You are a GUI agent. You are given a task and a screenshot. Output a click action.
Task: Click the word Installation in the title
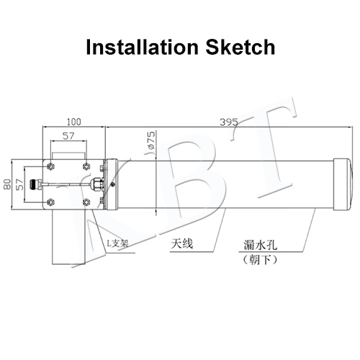[x=143, y=47]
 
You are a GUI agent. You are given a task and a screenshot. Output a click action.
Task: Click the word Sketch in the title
[x=240, y=47]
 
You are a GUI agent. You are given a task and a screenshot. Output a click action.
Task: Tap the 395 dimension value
[x=229, y=122]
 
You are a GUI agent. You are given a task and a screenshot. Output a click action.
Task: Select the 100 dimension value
[x=74, y=122]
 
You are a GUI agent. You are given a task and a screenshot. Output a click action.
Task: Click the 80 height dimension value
[x=8, y=184]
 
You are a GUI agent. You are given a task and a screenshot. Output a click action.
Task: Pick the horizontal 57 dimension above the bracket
[x=68, y=136]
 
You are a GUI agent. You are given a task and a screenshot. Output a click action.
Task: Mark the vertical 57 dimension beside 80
[x=20, y=184]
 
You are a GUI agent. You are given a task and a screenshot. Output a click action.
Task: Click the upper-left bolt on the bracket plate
[x=50, y=166]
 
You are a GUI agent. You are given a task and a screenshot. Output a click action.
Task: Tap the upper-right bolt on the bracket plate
[x=86, y=166]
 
